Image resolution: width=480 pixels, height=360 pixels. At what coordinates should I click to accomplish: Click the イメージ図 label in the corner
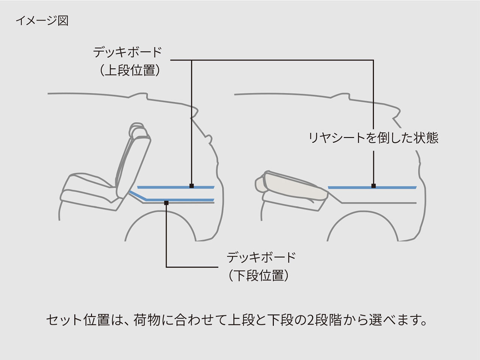[x=42, y=21]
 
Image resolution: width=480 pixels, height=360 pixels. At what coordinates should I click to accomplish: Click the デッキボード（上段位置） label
[x=127, y=61]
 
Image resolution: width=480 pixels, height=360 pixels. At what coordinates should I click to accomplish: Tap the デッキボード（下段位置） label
[x=261, y=266]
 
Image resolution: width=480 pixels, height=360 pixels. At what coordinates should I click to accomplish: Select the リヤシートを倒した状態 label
[x=373, y=138]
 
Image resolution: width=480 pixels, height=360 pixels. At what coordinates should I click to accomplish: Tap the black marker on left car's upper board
[x=192, y=186]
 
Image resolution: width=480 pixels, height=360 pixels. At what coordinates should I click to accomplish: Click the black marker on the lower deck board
[x=166, y=202]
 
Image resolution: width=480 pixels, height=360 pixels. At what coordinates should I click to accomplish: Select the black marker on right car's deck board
[x=373, y=186]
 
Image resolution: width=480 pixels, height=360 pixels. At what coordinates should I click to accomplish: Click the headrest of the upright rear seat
[x=139, y=131]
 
